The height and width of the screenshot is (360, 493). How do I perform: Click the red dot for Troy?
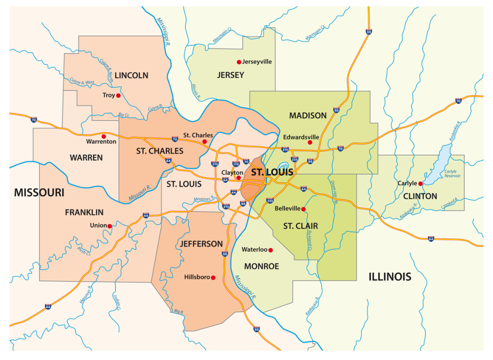tap(118, 95)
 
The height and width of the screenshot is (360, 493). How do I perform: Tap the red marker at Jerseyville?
tap(238, 62)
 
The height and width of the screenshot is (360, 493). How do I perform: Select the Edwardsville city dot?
tap(310, 142)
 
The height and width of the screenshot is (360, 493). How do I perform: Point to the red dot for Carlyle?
tap(420, 184)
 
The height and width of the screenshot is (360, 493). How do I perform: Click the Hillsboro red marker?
tap(213, 278)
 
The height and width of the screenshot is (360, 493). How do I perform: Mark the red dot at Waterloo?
tap(271, 250)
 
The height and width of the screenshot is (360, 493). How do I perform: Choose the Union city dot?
tap(110, 226)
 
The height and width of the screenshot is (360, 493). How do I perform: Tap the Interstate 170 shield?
tap(236, 164)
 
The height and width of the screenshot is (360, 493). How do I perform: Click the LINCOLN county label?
tap(131, 76)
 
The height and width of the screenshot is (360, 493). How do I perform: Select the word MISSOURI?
tap(39, 193)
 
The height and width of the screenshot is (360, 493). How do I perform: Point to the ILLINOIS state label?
tap(390, 277)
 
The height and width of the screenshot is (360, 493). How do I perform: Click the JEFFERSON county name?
tap(201, 244)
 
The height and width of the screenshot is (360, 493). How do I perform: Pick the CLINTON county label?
tap(420, 196)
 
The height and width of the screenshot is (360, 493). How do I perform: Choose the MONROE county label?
tap(261, 267)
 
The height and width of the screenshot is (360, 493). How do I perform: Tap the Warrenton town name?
tap(101, 142)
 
